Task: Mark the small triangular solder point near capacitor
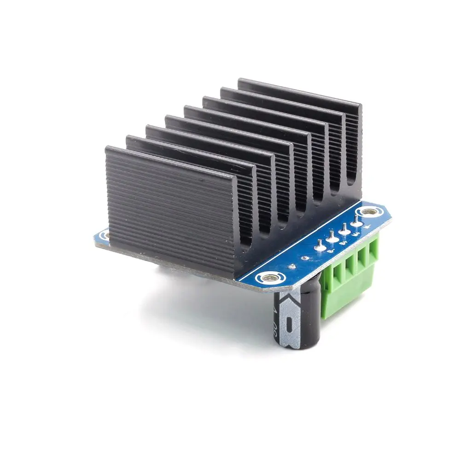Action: pyautogui.click(x=292, y=266)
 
